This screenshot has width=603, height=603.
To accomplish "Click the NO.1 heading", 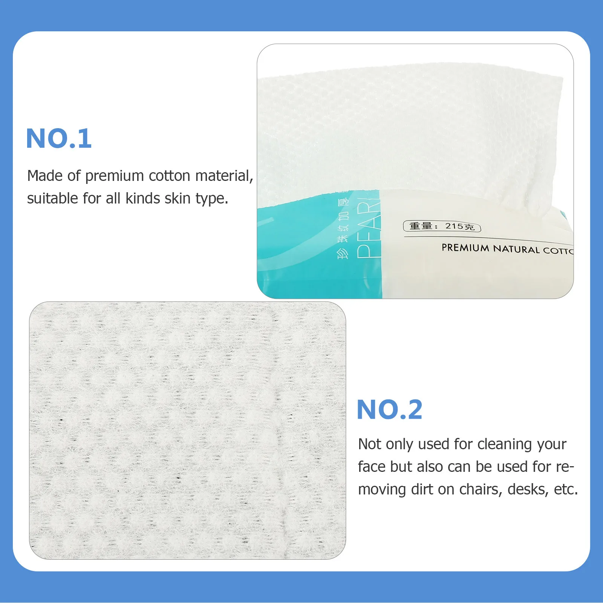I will coord(59,138).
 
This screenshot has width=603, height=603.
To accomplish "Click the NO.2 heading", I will coord(389,410).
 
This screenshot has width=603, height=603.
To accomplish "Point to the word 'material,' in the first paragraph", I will coord(224,176).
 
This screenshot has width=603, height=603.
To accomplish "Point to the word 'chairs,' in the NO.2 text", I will coord(479,490).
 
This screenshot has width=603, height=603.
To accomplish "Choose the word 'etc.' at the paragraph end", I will coord(566,490).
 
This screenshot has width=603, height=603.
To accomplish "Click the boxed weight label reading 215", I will coord(442,226).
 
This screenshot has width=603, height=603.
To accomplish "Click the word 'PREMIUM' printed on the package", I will coord(465,248).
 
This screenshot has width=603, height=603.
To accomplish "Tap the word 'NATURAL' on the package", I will coord(516,249).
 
